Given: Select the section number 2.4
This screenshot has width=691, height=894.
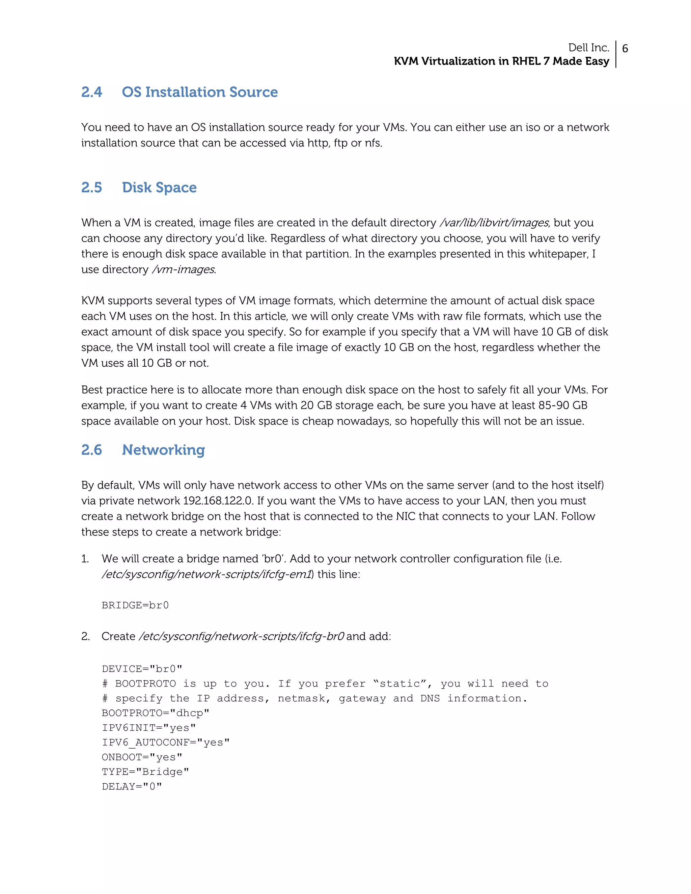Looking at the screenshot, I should click(x=91, y=92).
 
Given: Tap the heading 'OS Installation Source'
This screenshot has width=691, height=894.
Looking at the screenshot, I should click(x=199, y=92).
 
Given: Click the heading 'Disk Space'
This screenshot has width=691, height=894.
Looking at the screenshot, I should click(x=159, y=188).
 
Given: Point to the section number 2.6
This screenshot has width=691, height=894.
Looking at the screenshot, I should click(x=91, y=450).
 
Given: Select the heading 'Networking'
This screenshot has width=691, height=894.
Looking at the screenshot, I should click(x=163, y=450).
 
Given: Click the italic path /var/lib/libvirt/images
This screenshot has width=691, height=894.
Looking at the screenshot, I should click(x=494, y=223).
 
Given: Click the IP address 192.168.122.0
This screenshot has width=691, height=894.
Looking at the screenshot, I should click(x=217, y=501).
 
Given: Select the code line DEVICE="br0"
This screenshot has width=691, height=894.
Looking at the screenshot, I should click(x=142, y=669).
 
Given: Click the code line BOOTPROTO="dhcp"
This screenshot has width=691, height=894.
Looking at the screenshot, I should click(x=156, y=713).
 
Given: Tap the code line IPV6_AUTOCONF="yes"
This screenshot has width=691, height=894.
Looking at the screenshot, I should click(x=165, y=743).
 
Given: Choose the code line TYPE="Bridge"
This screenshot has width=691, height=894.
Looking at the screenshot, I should click(x=145, y=772).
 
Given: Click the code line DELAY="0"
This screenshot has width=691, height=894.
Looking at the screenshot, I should click(x=132, y=787).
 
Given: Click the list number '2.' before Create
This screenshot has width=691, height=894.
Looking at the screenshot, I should click(x=85, y=637).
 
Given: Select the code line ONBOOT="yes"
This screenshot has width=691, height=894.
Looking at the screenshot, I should click(x=142, y=757).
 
